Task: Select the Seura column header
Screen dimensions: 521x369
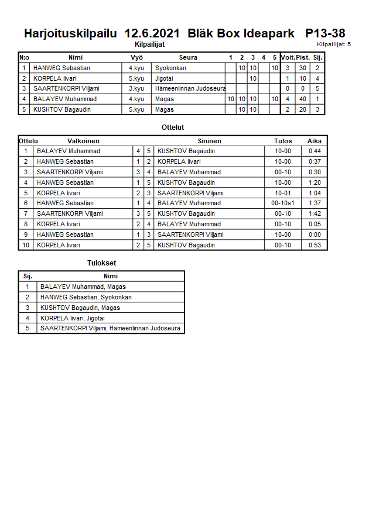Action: click(188, 57)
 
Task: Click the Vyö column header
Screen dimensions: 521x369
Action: click(136, 57)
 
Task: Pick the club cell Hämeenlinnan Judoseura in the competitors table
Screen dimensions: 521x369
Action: click(190, 89)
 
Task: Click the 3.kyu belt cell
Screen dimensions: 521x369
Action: click(136, 89)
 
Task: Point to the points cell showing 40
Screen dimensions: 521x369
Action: click(302, 99)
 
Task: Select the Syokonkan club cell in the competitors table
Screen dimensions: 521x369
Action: click(172, 68)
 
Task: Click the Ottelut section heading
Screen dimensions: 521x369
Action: click(173, 127)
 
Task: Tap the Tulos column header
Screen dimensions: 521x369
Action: click(282, 141)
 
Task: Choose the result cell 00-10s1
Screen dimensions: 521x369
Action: click(283, 203)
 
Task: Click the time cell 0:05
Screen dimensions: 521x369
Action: click(315, 224)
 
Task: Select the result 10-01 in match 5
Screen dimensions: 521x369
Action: click(283, 193)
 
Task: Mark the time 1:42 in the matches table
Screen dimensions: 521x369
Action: click(315, 213)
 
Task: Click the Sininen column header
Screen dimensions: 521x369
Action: click(209, 141)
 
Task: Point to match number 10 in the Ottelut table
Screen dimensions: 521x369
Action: click(26, 245)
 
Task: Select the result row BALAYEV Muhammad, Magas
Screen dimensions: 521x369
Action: click(83, 287)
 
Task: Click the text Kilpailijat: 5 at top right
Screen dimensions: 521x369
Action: click(334, 44)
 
